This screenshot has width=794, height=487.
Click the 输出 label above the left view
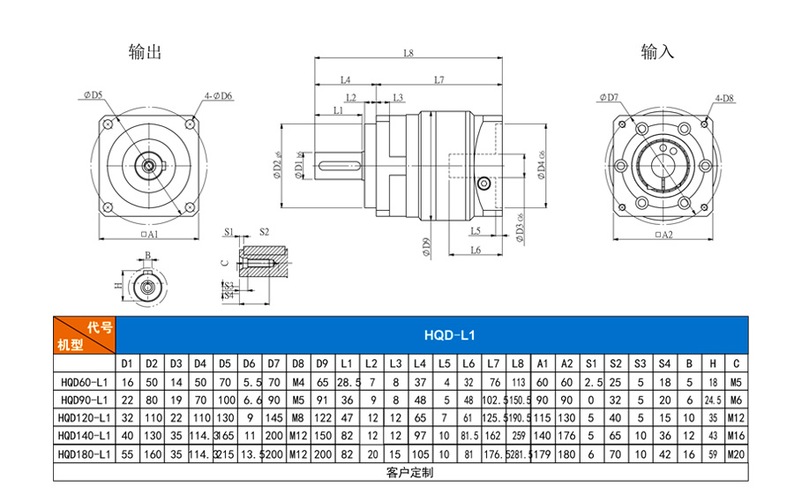[145, 52]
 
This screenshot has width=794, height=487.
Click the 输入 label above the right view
[657, 52]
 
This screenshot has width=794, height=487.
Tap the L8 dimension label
[408, 53]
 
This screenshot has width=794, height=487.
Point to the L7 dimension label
[438, 80]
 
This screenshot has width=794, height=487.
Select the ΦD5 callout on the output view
[93, 94]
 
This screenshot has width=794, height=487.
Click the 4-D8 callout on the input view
[725, 98]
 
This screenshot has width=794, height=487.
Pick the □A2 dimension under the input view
[662, 236]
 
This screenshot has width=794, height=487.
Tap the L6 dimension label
[475, 251]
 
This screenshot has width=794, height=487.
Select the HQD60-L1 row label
[85, 382]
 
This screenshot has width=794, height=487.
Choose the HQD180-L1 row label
[85, 453]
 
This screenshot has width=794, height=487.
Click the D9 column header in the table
[322, 363]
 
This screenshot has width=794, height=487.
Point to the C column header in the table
[735, 363]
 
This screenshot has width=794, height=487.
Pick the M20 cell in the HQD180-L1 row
[735, 453]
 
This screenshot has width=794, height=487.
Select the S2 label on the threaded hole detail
[264, 232]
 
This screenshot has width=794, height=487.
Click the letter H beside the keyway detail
[118, 286]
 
